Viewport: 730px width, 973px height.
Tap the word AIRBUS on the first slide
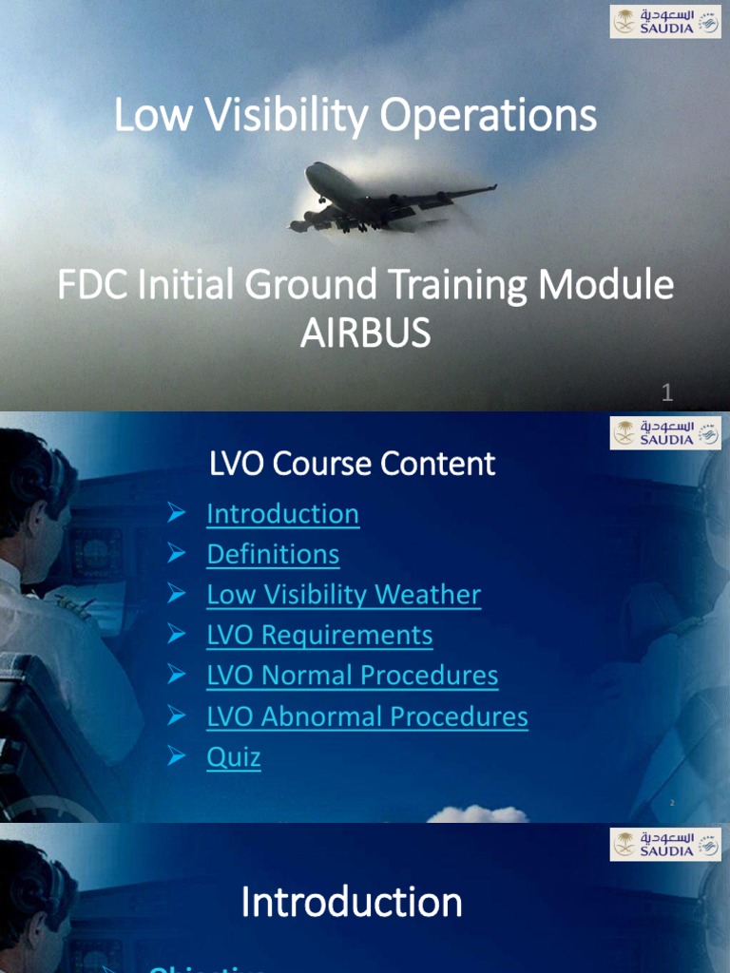(365, 334)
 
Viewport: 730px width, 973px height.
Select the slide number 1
(667, 392)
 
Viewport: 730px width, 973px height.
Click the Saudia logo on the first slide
(665, 21)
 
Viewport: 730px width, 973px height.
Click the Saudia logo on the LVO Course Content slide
(665, 432)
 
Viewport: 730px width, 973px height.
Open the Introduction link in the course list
(282, 514)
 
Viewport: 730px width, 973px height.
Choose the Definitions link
(273, 554)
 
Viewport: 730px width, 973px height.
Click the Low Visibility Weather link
(343, 595)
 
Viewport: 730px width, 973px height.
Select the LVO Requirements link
(319, 635)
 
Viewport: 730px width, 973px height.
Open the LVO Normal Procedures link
(352, 676)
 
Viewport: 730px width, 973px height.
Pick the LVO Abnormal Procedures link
(367, 716)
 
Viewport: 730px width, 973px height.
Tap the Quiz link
(234, 757)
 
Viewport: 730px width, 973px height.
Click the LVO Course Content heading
(352, 464)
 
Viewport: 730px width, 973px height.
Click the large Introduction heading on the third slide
(352, 902)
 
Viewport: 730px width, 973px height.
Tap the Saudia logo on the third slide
(665, 844)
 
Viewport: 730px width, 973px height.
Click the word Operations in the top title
(489, 116)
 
